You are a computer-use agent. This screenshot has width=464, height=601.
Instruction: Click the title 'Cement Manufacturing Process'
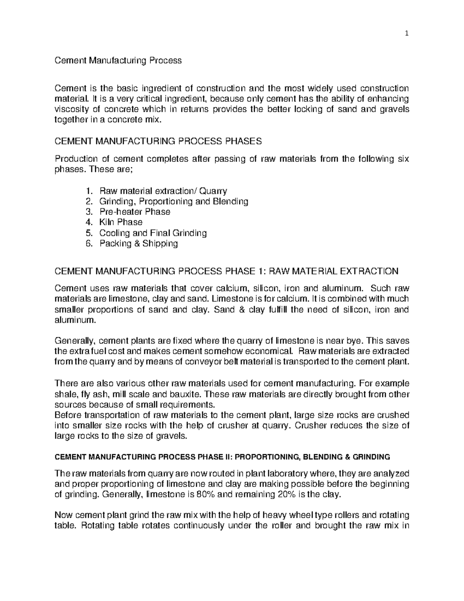[118, 61]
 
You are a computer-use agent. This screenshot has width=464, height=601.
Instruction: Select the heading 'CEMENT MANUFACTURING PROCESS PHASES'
[159, 141]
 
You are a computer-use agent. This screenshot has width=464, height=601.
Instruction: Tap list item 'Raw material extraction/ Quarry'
[163, 191]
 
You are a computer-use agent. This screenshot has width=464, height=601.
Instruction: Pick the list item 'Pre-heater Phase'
[135, 212]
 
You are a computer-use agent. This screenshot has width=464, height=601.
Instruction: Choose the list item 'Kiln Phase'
[121, 222]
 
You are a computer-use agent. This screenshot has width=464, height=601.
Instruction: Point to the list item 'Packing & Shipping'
[138, 243]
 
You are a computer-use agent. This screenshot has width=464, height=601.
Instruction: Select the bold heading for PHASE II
[223, 457]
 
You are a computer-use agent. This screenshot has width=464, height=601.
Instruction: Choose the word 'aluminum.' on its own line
[74, 320]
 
